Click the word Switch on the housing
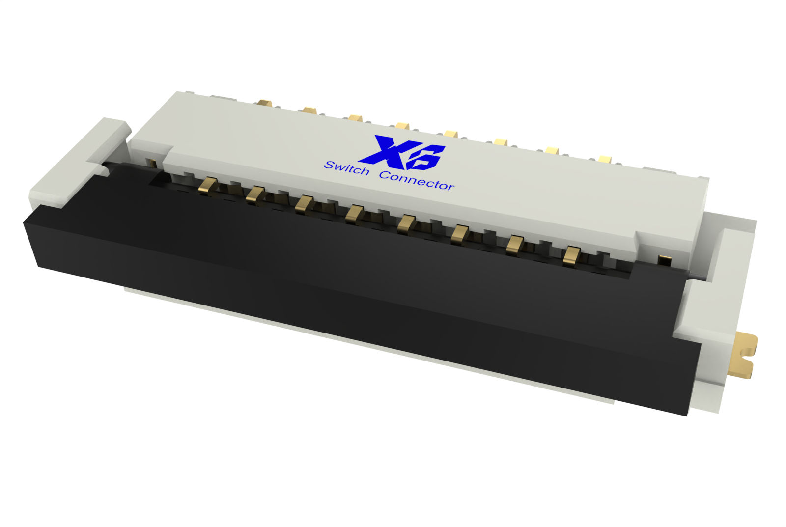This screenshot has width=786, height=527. click(x=346, y=168)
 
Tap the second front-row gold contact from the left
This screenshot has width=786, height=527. click(x=255, y=194)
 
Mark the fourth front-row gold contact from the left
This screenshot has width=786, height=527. click(x=354, y=214)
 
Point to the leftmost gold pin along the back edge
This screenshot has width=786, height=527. click(x=264, y=103)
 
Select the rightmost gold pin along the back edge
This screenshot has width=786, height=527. click(x=605, y=159)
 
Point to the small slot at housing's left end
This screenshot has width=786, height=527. click(x=152, y=163)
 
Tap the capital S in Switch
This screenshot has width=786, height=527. click(x=329, y=165)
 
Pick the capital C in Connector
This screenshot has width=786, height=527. click(x=385, y=175)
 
